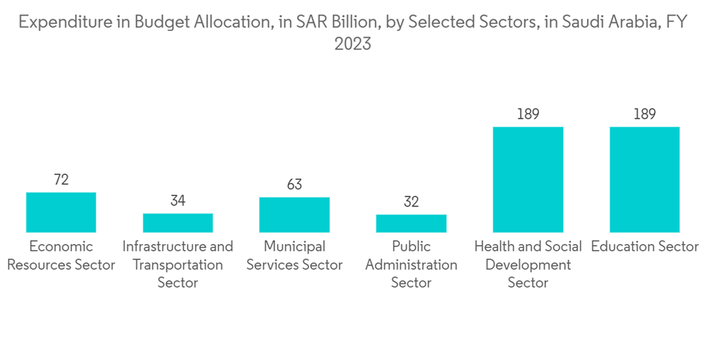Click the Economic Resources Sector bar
pyautogui.click(x=61, y=212)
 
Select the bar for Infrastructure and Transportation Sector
pyautogui.click(x=178, y=223)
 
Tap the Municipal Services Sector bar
pyautogui.click(x=294, y=214)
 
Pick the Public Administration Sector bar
pyautogui.click(x=411, y=224)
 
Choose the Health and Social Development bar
pyautogui.click(x=528, y=179)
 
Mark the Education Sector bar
pyautogui.click(x=645, y=179)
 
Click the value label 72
pyautogui.click(x=61, y=179)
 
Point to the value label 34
pyautogui.click(x=178, y=201)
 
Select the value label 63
pyautogui.click(x=294, y=184)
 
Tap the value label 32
pyautogui.click(x=411, y=202)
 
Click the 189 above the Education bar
pyautogui.click(x=645, y=114)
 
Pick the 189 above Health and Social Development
pyautogui.click(x=528, y=114)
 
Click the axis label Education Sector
pyautogui.click(x=645, y=246)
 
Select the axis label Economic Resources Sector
pyautogui.click(x=61, y=256)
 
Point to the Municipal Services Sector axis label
pyautogui.click(x=294, y=256)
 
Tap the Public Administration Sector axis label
pyautogui.click(x=411, y=265)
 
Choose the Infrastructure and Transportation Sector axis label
pyautogui.click(x=178, y=265)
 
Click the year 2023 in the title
pyautogui.click(x=353, y=44)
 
